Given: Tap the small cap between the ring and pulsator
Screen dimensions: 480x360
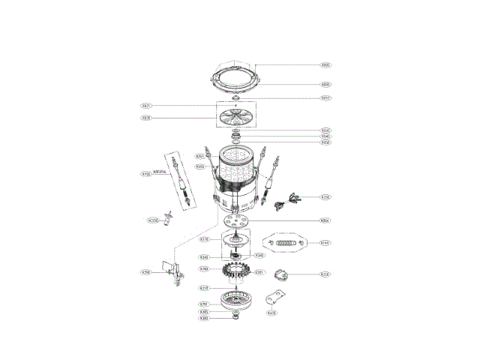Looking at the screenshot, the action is pyautogui.click(x=237, y=98).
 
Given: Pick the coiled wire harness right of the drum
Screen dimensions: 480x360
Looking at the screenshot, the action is pyautogui.click(x=288, y=199).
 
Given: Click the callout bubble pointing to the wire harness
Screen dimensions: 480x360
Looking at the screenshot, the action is pyautogui.click(x=325, y=197).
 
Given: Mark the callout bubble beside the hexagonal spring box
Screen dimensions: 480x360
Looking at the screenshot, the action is pyautogui.click(x=325, y=243).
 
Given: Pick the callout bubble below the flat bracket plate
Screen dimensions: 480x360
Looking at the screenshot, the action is pyautogui.click(x=272, y=313).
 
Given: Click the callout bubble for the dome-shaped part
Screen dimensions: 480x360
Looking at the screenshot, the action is pyautogui.click(x=325, y=274).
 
